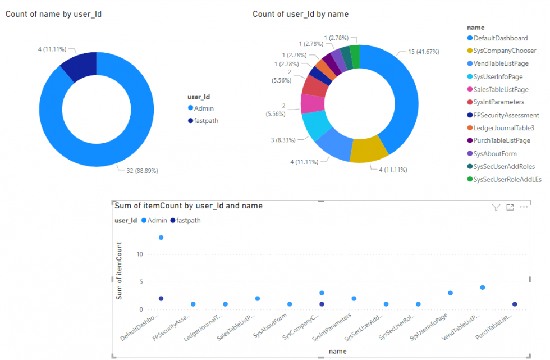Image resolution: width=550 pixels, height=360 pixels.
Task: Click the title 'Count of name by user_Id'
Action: pyautogui.click(x=53, y=13)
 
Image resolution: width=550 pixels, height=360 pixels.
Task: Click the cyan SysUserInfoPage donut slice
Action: pyautogui.click(x=317, y=125)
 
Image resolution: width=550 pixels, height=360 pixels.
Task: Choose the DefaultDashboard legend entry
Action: pyautogui.click(x=500, y=38)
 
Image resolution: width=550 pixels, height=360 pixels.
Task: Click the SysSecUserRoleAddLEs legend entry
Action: pyautogui.click(x=507, y=179)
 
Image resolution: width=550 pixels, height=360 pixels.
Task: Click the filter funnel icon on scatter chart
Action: pyautogui.click(x=496, y=208)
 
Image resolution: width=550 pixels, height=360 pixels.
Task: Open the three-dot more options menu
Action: pyautogui.click(x=524, y=207)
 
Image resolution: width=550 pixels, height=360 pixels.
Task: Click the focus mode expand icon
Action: pyautogui.click(x=510, y=208)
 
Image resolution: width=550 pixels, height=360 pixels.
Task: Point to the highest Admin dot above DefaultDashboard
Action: pyautogui.click(x=161, y=238)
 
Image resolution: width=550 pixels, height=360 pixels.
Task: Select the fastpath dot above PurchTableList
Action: pyautogui.click(x=514, y=304)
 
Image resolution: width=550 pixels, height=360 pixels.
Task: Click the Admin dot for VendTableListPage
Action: pyautogui.click(x=482, y=288)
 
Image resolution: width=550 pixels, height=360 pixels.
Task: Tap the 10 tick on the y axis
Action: pyautogui.click(x=140, y=254)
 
